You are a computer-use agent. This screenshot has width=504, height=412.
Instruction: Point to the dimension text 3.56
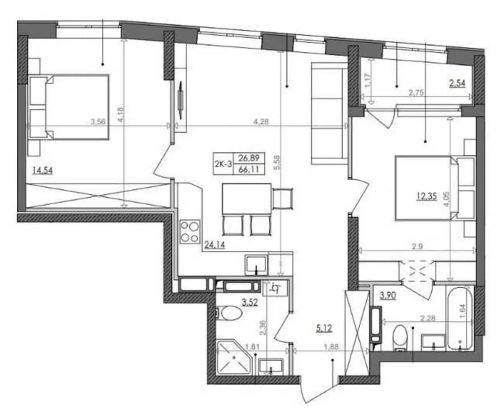tap(98, 122)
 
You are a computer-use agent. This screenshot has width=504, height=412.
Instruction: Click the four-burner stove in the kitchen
tap(190, 232)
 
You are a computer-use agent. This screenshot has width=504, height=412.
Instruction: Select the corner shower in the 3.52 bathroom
tap(234, 357)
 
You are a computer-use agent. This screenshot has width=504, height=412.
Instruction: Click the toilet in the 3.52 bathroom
tap(229, 313)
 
